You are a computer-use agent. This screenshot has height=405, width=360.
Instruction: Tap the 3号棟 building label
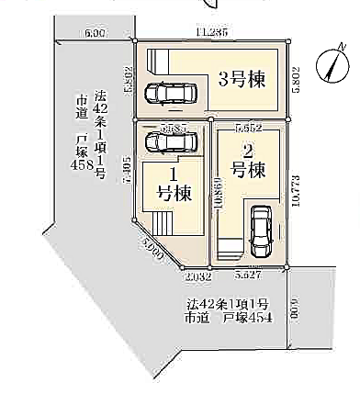(241, 79)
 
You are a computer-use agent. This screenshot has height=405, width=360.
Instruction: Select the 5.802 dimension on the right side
(294, 81)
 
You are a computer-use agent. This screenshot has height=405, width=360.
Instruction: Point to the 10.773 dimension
(294, 195)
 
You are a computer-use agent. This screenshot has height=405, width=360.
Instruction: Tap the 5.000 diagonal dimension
(153, 245)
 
